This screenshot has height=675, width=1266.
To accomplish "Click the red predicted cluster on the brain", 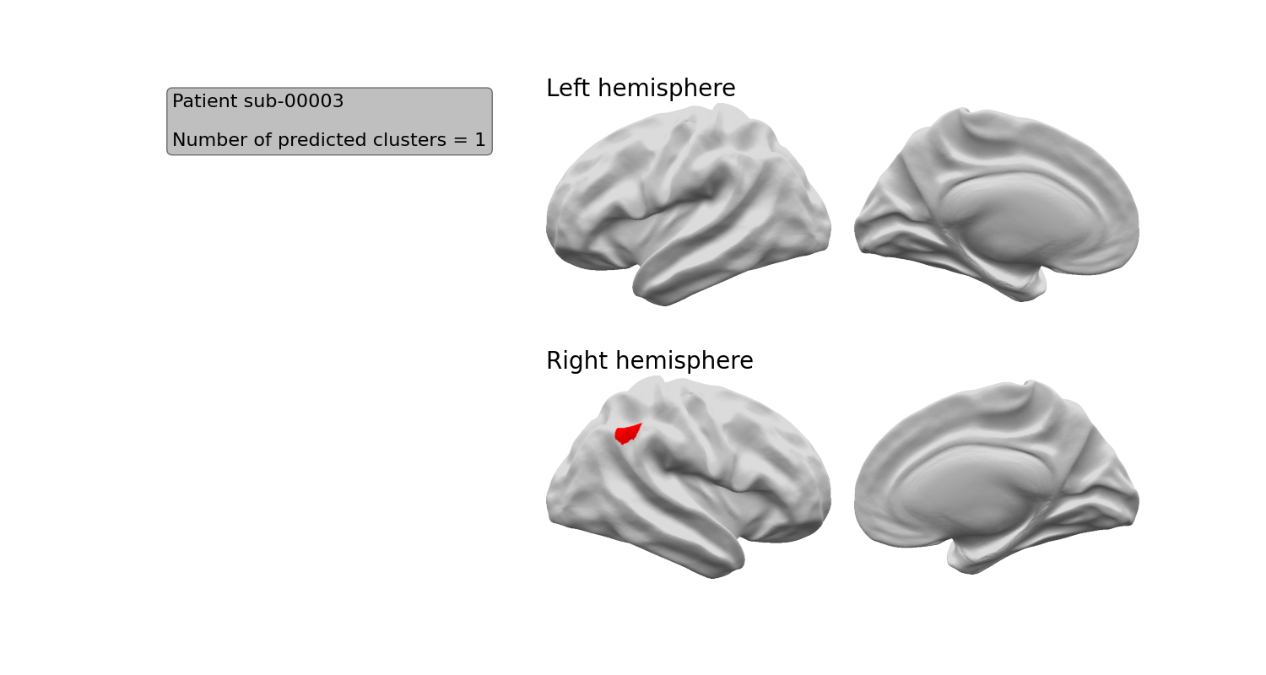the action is coord(627,434).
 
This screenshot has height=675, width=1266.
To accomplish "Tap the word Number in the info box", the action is coord(210,139).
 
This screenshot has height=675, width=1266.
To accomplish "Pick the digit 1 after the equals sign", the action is coord(480,139).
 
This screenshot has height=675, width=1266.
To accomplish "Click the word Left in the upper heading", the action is coord(569,88).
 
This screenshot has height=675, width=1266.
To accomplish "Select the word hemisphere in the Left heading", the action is coord(667,89).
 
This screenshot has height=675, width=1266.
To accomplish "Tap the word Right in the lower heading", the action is coord(577,361).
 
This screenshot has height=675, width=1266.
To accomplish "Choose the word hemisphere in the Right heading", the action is coord(684,361).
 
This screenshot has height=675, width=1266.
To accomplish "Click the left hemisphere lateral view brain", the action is coord(689,204).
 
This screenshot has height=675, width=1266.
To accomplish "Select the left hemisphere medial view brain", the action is coord(997,204).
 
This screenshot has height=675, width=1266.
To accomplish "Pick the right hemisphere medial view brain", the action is coord(997,478).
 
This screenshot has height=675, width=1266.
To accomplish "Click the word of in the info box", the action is coord(262,139).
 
